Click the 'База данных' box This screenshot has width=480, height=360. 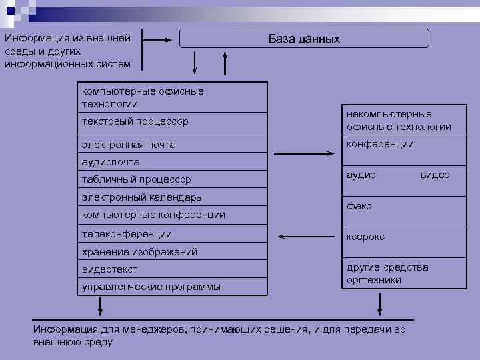point(304,39)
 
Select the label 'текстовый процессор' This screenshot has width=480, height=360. point(135,122)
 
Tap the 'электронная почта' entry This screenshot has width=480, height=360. point(129,145)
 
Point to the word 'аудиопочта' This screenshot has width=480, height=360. point(111,162)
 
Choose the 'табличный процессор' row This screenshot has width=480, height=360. point(136,179)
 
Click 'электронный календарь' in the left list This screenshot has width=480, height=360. point(141,197)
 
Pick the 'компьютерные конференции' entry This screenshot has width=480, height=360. point(153,215)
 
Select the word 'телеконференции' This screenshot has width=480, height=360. point(127,234)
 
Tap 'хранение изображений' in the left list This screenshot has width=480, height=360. point(139,252)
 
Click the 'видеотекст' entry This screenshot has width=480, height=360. point(109,269)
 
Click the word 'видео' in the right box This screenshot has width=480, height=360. point(435,175)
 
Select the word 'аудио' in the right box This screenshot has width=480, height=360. point(361,175)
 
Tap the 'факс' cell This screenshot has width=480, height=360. point(359,207)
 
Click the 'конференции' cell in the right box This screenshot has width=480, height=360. point(380,144)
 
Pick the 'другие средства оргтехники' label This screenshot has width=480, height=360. point(387,274)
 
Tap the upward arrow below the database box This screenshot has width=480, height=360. point(225,63)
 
